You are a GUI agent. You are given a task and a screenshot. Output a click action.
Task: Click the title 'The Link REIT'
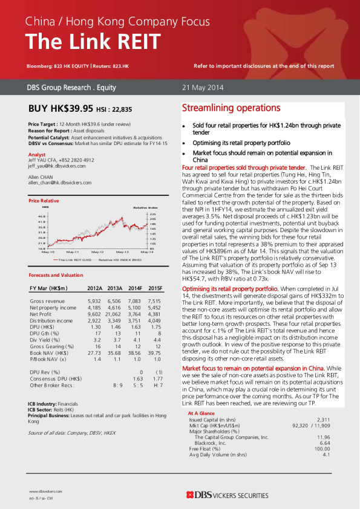93,42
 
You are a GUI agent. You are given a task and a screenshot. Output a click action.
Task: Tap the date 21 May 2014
203,88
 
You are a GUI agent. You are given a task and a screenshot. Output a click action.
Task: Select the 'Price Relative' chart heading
44,200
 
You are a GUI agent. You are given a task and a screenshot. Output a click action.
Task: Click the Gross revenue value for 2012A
94,300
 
